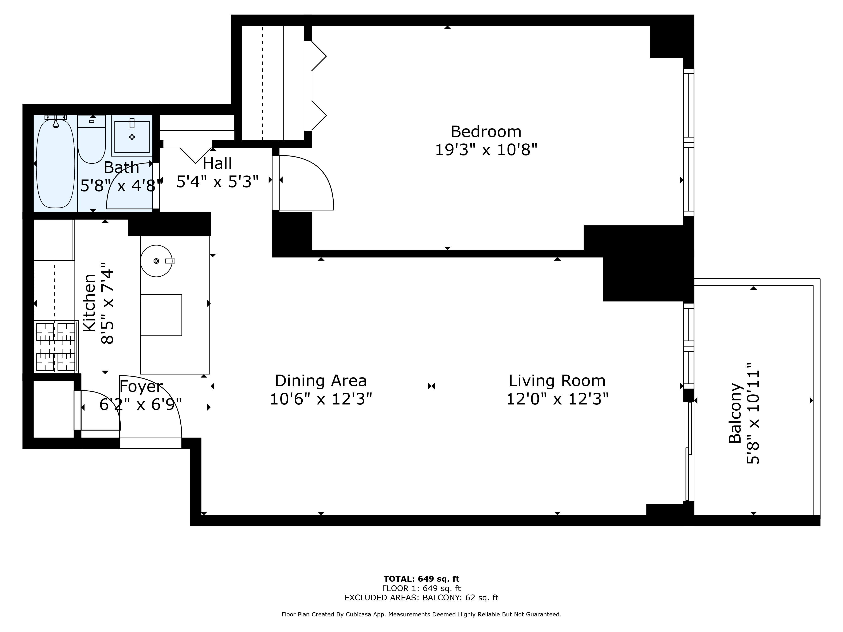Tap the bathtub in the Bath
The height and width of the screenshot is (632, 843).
click(x=56, y=164)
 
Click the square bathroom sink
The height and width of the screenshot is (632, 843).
click(x=132, y=136)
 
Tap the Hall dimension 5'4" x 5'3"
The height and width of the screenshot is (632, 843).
click(x=217, y=182)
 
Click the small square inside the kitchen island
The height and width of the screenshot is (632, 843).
click(x=161, y=315)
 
